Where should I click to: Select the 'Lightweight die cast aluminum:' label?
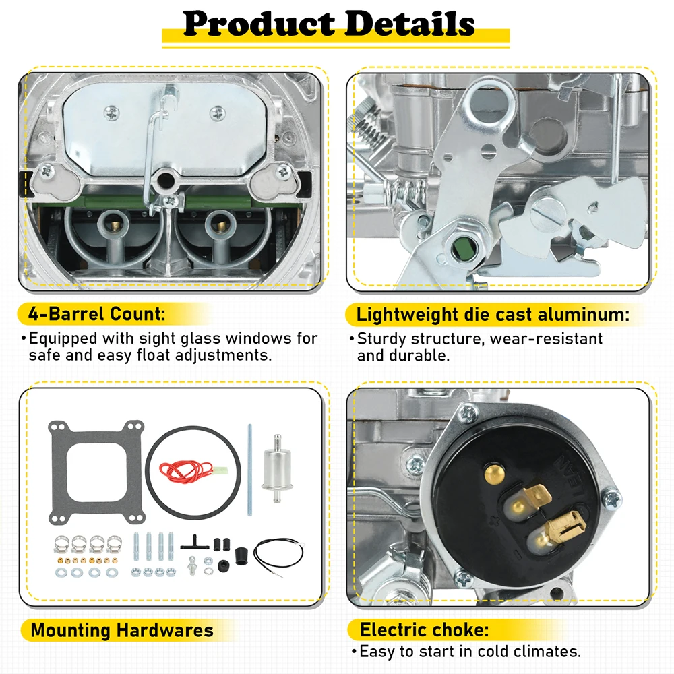point(493,314)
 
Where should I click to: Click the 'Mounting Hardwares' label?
point(122,631)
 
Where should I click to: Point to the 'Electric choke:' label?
point(423,630)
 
